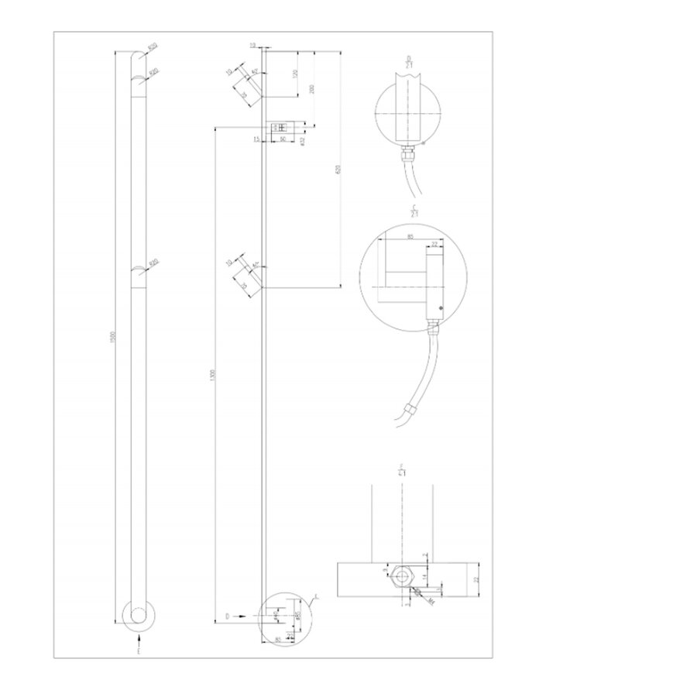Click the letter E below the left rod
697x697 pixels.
point(139,654)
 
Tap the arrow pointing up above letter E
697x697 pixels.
point(139,640)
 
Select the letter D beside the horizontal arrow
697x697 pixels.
point(228,616)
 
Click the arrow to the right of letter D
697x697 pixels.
point(242,616)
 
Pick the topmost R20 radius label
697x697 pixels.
point(152,48)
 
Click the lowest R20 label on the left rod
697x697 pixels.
point(153,263)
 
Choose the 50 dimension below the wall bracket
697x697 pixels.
point(283,139)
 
